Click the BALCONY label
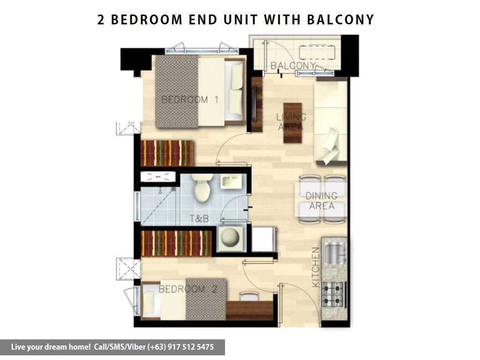(293, 66)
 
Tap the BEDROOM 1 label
(190, 99)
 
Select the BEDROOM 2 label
(188, 289)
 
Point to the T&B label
(199, 218)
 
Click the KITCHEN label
(315, 267)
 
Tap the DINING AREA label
(322, 201)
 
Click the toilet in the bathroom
(202, 187)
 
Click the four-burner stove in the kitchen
(333, 294)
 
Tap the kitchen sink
(335, 253)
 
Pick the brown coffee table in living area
(292, 123)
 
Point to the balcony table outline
(317, 52)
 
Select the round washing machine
(230, 238)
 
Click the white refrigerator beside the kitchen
(264, 239)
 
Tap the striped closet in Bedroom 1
(167, 153)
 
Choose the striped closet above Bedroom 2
(176, 243)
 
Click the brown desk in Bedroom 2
(249, 310)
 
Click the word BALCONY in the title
(340, 20)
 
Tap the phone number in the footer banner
(181, 347)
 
